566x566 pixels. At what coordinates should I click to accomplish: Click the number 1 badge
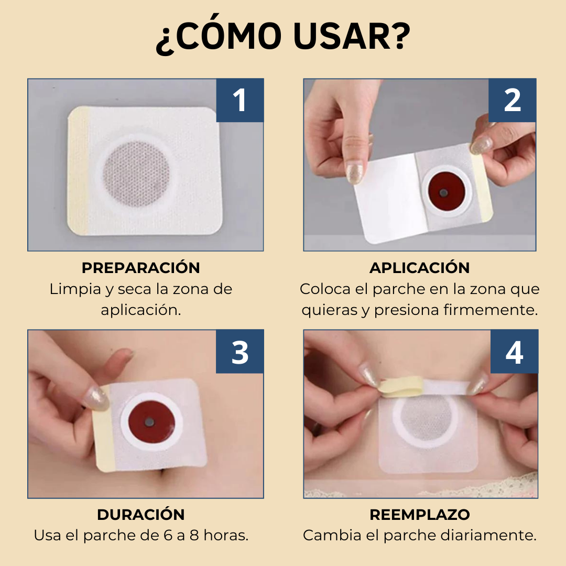pyautogui.click(x=240, y=101)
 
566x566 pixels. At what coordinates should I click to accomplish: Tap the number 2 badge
pyautogui.click(x=512, y=101)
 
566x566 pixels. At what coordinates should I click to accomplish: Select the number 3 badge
pyautogui.click(x=240, y=352)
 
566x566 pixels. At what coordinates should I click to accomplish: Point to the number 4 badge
pyautogui.click(x=514, y=352)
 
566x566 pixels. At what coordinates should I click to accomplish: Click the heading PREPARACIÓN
pyautogui.click(x=140, y=268)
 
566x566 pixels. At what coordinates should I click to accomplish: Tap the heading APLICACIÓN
pyautogui.click(x=419, y=268)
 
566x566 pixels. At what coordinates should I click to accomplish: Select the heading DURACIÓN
pyautogui.click(x=140, y=515)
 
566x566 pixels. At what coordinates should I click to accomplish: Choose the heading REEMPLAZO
pyautogui.click(x=419, y=515)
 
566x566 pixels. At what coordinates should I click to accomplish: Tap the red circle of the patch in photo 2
pyautogui.click(x=444, y=192)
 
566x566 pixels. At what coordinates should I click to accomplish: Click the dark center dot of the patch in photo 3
pyautogui.click(x=150, y=421)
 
